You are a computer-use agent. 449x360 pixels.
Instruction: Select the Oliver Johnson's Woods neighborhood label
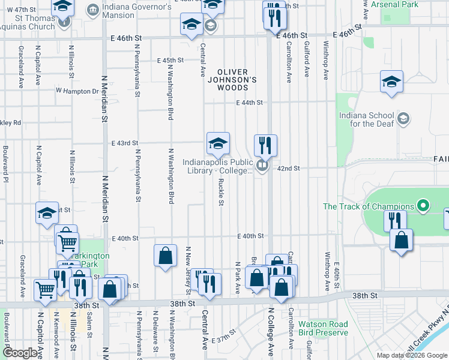click(x=237, y=79)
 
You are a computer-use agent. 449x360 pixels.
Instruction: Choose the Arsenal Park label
click(x=420, y=4)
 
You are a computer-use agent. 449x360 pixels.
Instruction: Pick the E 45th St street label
click(x=170, y=61)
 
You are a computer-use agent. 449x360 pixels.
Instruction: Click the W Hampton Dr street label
click(x=77, y=91)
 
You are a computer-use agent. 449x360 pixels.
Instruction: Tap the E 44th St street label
click(x=249, y=103)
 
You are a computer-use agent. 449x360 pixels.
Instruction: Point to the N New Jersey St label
click(x=188, y=270)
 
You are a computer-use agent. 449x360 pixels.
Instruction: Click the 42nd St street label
click(x=288, y=169)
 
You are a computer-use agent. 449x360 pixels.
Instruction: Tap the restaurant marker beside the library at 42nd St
click(x=265, y=145)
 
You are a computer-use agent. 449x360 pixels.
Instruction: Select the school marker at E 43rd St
click(x=218, y=143)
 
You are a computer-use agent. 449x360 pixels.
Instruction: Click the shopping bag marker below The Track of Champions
click(x=401, y=240)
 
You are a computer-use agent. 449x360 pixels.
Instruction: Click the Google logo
click(x=21, y=353)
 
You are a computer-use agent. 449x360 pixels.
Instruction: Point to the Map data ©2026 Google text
click(x=411, y=355)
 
